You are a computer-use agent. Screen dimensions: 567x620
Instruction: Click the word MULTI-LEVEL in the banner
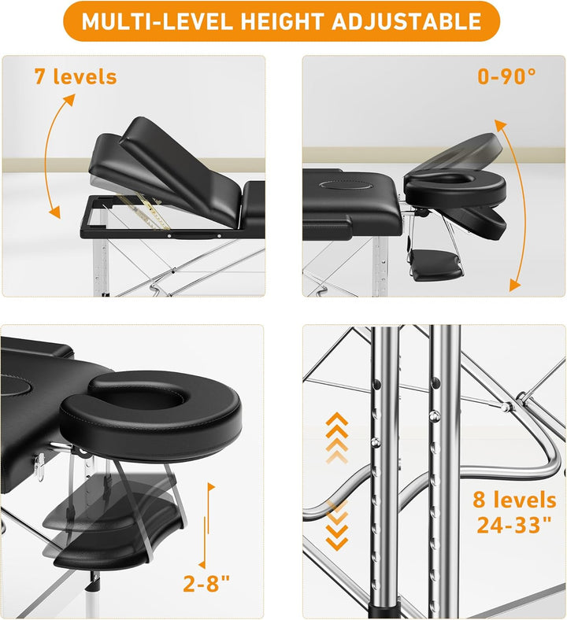click(157, 21)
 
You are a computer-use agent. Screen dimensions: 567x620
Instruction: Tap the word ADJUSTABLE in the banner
click(406, 21)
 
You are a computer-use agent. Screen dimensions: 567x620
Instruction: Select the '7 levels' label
click(76, 76)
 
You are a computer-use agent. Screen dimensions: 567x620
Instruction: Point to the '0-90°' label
click(507, 76)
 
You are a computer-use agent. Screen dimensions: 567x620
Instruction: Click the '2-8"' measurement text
click(206, 584)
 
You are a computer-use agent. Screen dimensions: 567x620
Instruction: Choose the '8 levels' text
click(515, 500)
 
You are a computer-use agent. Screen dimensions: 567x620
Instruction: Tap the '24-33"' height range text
click(514, 525)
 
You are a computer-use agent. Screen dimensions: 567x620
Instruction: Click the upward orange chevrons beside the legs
click(337, 437)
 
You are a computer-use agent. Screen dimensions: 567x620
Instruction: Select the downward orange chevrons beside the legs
click(337, 525)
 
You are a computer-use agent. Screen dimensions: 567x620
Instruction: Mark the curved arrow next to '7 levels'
click(46, 154)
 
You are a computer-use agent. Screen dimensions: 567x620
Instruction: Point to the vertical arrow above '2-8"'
click(206, 526)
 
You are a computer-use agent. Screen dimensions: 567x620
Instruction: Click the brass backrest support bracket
click(150, 212)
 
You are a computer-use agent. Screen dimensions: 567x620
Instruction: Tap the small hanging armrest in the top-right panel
click(435, 264)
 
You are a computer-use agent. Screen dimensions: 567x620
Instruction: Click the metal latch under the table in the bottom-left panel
click(40, 467)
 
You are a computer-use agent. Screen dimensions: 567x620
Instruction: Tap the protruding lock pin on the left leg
click(376, 441)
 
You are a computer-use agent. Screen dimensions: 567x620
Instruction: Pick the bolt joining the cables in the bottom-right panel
click(505, 406)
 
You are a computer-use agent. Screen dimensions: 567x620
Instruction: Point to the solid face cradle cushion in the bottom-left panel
click(151, 415)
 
